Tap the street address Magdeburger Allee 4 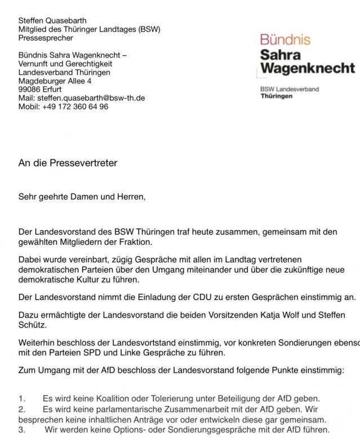[55, 81]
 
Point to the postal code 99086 [29, 89]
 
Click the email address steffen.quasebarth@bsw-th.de [91, 98]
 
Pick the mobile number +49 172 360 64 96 [75, 106]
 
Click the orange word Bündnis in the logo [285, 39]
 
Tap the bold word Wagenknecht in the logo [308, 69]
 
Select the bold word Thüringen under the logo [277, 96]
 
